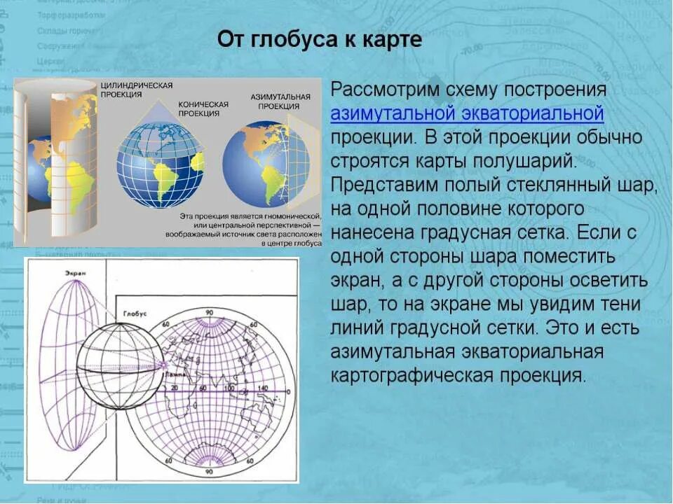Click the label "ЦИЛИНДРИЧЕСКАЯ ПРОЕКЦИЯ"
137,90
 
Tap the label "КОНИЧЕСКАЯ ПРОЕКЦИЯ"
203,108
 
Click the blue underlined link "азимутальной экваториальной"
467,114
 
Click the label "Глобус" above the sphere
134,315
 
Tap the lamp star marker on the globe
163,365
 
